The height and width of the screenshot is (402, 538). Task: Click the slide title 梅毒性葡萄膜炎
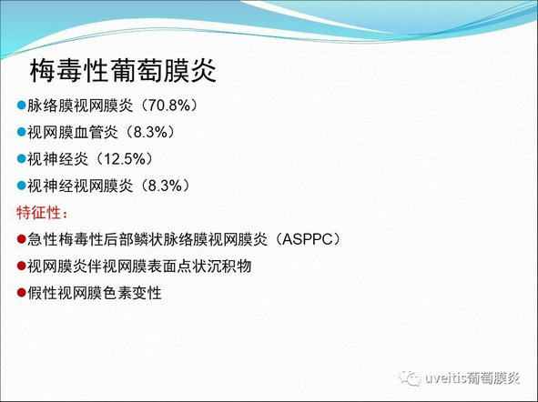point(123,71)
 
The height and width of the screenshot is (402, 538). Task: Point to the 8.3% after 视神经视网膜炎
point(166,186)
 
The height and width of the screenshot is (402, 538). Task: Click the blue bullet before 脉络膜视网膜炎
point(21,105)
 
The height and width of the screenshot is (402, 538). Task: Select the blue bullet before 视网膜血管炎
point(21,132)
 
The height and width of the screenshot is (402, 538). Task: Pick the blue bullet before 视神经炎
point(21,158)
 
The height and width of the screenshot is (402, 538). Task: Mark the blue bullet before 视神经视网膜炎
point(21,185)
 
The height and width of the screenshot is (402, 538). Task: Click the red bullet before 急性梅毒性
point(21,238)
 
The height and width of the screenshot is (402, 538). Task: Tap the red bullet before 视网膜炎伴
point(21,266)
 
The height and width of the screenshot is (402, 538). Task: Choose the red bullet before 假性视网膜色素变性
point(21,292)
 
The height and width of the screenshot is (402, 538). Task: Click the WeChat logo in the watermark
point(410,378)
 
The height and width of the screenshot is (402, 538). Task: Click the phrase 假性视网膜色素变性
point(95,293)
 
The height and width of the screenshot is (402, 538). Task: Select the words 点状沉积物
point(215,266)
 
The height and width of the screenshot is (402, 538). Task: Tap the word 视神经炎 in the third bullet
point(57,159)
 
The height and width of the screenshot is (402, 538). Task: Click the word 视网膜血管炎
point(73,132)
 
